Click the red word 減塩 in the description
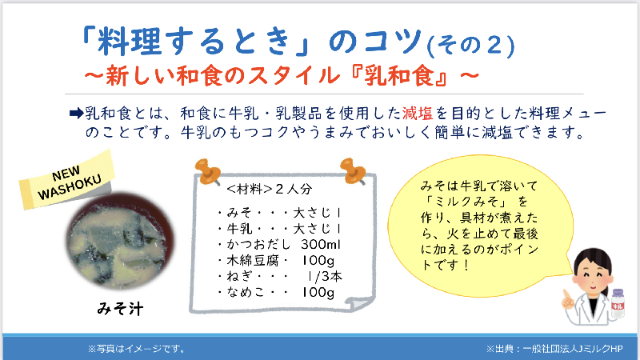418,113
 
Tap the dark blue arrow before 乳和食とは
76,113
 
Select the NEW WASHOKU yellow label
67,180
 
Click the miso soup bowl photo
121,242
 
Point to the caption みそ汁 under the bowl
121,309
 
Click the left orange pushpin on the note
208,171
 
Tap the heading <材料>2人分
270,189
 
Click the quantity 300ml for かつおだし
321,244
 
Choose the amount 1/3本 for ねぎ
325,276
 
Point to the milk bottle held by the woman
618,304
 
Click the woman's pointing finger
566,297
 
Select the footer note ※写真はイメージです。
137,349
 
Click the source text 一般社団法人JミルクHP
573,349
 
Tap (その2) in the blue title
470,45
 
